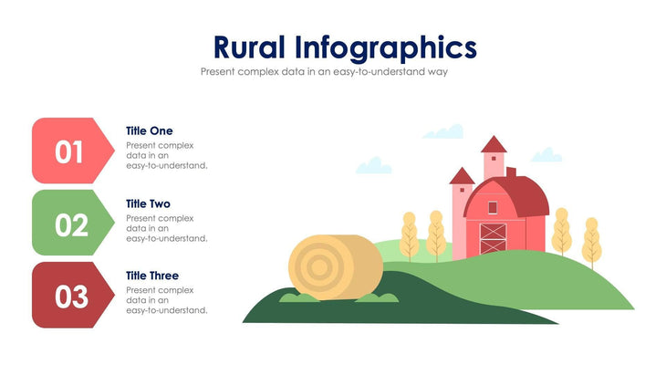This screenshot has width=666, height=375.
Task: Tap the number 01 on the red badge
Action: (69, 151)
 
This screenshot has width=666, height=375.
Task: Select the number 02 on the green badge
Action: (70, 224)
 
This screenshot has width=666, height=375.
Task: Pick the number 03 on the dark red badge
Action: (70, 297)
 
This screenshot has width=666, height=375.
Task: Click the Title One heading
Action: (149, 130)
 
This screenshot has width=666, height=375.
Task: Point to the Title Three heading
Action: (152, 276)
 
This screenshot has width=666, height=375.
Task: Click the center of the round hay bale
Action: (321, 266)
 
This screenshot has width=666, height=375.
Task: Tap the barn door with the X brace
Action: (493, 238)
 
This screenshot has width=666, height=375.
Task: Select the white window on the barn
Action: (492, 206)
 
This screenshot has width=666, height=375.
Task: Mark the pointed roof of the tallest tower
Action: (494, 144)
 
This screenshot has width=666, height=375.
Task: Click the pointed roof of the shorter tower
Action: (463, 175)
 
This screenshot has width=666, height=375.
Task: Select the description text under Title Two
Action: (166, 228)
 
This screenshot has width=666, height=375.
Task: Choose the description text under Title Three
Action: (166, 300)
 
